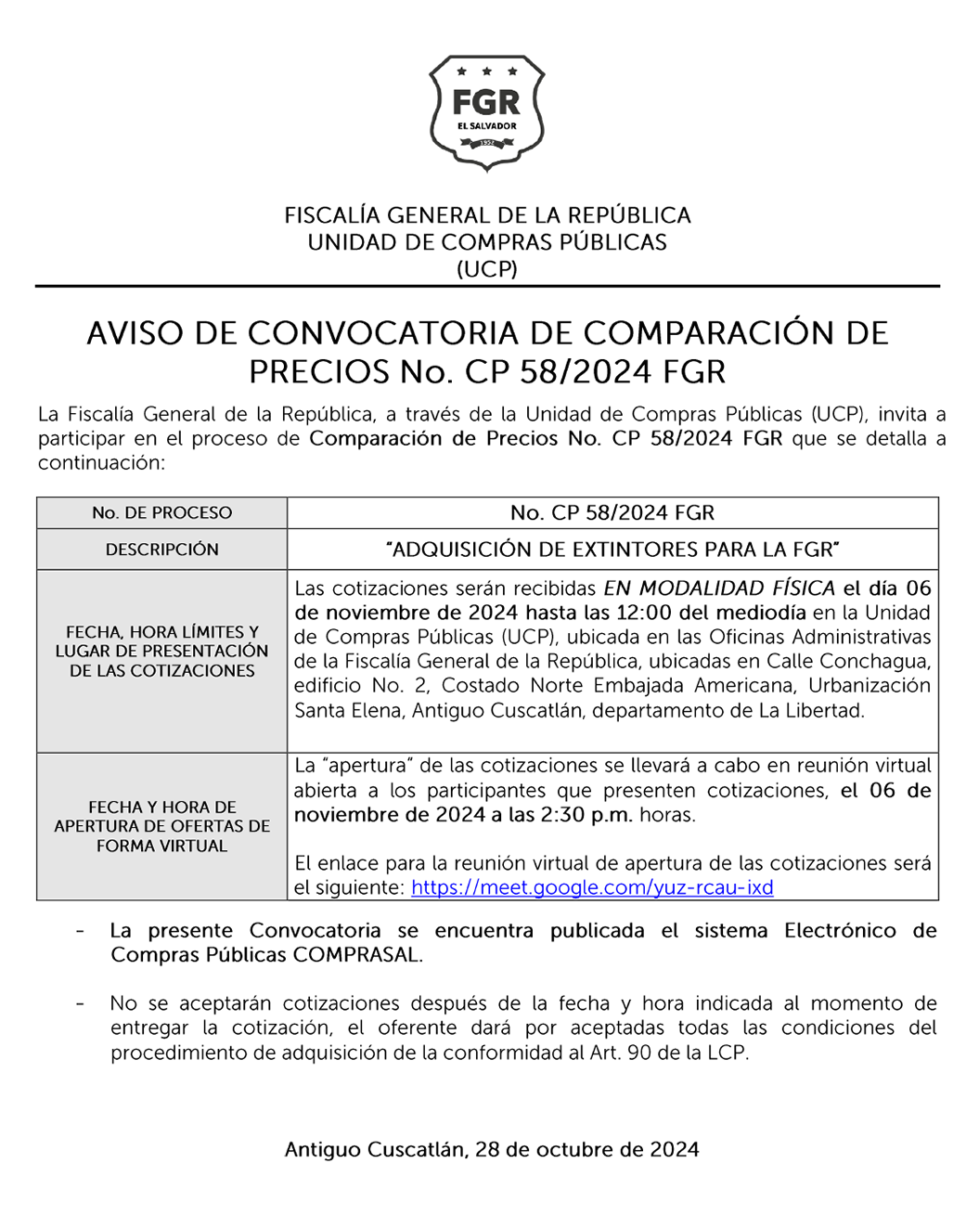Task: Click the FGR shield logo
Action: [x=487, y=111]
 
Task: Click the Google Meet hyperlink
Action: [x=592, y=887]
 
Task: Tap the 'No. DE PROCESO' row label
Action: [x=161, y=513]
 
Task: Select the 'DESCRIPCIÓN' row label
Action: [x=161, y=549]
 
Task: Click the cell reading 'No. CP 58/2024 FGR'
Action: [x=612, y=513]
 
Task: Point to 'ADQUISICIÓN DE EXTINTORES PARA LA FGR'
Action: [x=612, y=549]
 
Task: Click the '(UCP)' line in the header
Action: [x=487, y=269]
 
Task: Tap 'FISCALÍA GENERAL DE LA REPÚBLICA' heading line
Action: [x=487, y=215]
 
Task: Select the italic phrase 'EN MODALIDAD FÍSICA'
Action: [x=719, y=588]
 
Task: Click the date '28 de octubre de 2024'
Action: [x=586, y=1150]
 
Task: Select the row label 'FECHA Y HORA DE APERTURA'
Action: [x=161, y=826]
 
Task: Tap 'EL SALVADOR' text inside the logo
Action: [x=487, y=126]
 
